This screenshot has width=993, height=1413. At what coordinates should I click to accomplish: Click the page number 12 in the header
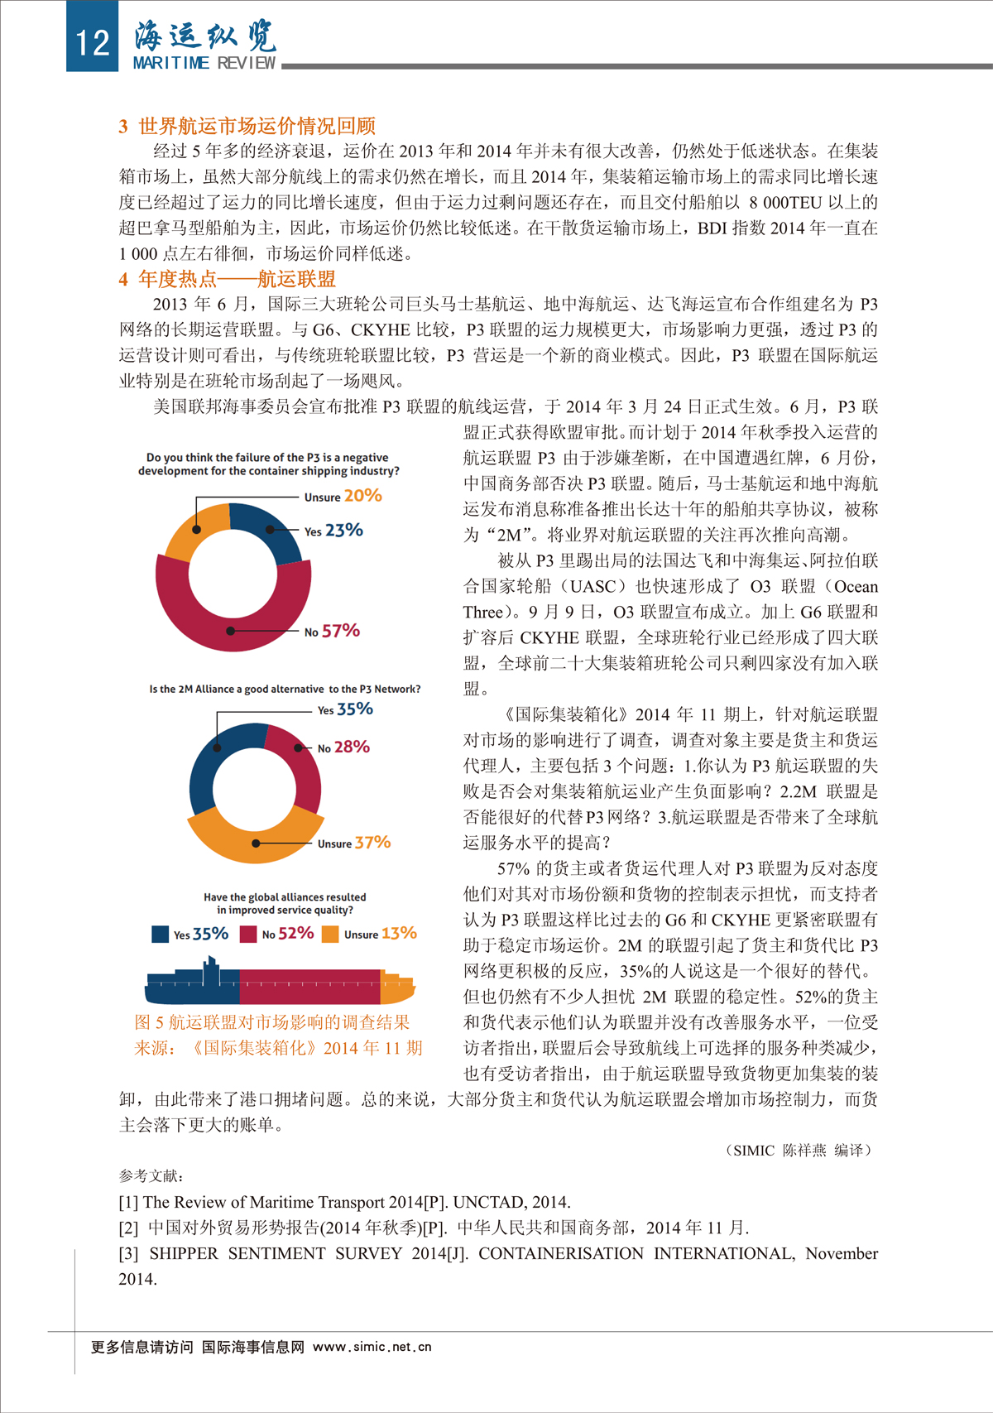[x=92, y=41]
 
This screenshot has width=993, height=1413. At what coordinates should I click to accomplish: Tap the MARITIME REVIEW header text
[x=204, y=63]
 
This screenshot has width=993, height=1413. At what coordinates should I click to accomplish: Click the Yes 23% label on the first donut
[x=333, y=531]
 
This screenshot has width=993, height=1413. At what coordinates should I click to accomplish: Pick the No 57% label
[x=332, y=631]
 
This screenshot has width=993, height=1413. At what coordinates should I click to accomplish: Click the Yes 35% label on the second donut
[x=345, y=709]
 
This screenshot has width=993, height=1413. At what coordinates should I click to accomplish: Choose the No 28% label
[x=343, y=747]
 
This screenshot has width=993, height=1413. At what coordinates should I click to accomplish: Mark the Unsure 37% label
[x=353, y=843]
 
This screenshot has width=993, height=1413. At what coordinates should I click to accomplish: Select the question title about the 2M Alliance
[x=285, y=689]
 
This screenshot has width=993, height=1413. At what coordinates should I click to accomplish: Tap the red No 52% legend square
[x=248, y=934]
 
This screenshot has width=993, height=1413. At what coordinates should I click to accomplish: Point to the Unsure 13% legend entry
[x=370, y=934]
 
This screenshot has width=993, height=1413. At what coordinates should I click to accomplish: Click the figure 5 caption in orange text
[x=272, y=1023]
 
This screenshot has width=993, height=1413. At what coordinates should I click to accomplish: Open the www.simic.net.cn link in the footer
[x=372, y=1347]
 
